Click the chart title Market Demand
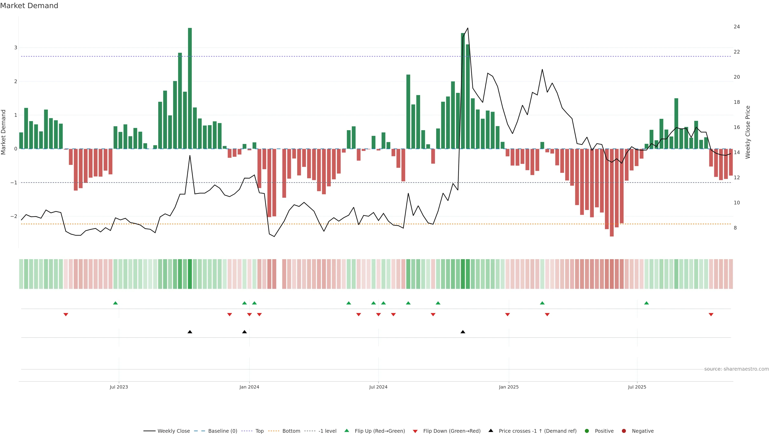click(x=29, y=6)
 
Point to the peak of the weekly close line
click(x=468, y=28)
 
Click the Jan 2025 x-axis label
click(x=509, y=387)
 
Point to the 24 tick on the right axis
click(x=737, y=27)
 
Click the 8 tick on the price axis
click(x=735, y=228)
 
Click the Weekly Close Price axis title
click(x=748, y=132)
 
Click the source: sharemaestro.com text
click(x=736, y=369)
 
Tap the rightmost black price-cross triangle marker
click(x=463, y=332)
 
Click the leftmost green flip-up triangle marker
click(x=115, y=303)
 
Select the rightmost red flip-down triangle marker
click(x=711, y=315)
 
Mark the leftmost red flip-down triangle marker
click(x=66, y=315)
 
